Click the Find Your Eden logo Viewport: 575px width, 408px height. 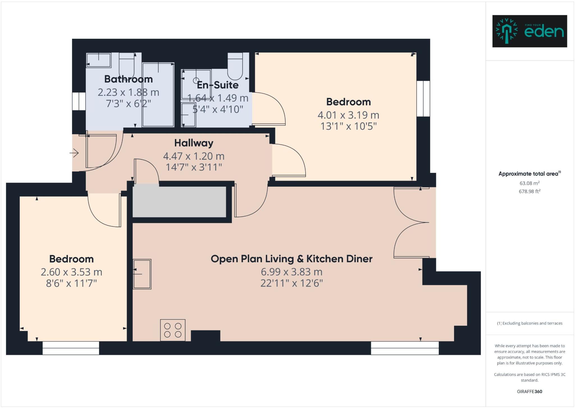tap(530, 31)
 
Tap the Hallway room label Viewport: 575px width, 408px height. tap(194, 143)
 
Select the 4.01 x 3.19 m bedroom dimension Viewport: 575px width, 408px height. tap(348, 115)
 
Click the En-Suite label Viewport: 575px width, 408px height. tap(218, 85)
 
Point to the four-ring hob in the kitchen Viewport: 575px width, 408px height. tap(173, 330)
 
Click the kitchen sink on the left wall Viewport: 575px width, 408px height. tap(142, 274)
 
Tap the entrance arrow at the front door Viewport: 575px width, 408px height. tap(74, 153)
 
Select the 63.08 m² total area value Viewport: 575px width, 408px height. tap(530, 183)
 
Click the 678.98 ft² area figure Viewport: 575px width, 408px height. tap(530, 192)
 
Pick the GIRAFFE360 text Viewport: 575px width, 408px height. tap(530, 391)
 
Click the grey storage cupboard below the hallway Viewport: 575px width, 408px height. tap(179, 202)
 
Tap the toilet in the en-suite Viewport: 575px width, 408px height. tap(235, 67)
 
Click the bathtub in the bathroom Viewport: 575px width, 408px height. tap(158, 95)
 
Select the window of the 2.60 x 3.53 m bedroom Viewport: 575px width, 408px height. tap(71, 348)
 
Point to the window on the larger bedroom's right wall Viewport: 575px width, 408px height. tap(423, 99)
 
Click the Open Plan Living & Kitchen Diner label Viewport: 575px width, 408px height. tap(291, 259)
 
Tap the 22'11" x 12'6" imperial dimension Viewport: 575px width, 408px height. tap(291, 283)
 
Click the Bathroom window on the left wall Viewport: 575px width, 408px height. tap(79, 101)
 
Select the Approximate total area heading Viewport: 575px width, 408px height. tap(530, 174)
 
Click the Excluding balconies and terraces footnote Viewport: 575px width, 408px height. tap(530, 323)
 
